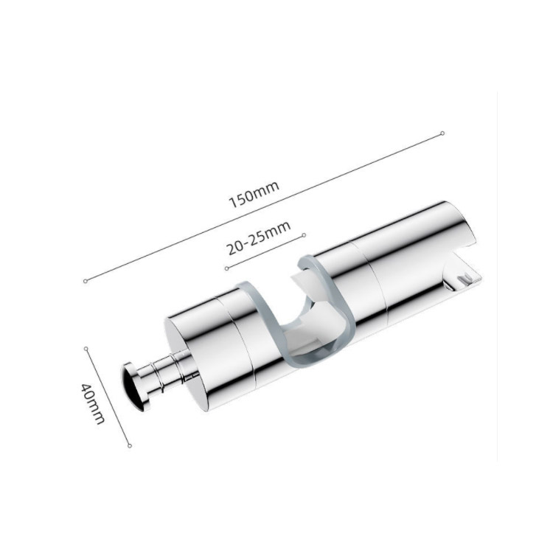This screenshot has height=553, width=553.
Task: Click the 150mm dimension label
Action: (x=254, y=195)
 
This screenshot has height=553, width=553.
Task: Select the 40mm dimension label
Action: (x=93, y=403)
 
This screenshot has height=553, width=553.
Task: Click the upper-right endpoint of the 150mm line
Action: (x=442, y=133)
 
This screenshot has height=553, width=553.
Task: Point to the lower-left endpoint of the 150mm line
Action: (x=85, y=281)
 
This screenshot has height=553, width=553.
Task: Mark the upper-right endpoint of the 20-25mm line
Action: (x=305, y=235)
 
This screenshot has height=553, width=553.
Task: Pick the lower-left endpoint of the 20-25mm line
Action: (x=227, y=268)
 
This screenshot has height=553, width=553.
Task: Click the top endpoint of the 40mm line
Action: (x=86, y=349)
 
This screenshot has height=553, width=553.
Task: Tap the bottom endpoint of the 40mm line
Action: (x=130, y=446)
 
